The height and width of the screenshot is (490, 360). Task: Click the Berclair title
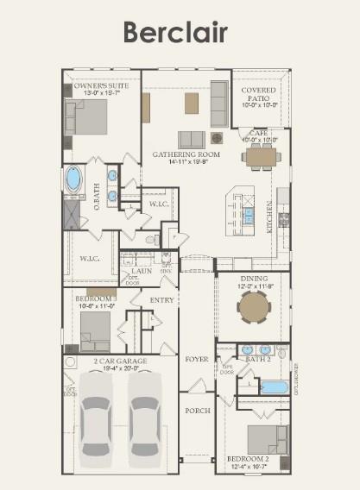pos(175,32)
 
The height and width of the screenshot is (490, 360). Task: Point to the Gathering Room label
pos(186,154)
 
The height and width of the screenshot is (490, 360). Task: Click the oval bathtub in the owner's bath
pos(73,179)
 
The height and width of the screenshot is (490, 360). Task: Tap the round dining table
pos(254,305)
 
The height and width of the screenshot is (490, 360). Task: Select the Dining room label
pos(254,279)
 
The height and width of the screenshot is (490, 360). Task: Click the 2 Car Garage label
pos(120,361)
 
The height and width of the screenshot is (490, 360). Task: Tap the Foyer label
pos(197,358)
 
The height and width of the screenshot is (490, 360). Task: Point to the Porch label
pos(198,411)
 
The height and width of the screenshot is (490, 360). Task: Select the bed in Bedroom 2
pos(268,437)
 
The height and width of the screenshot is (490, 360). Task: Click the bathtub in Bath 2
pos(273,386)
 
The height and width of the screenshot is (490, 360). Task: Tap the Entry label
pos(162,300)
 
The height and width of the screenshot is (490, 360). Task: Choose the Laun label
pos(142,270)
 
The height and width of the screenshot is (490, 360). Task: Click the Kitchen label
pos(270,217)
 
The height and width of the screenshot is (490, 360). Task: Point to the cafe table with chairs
pos(261,156)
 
